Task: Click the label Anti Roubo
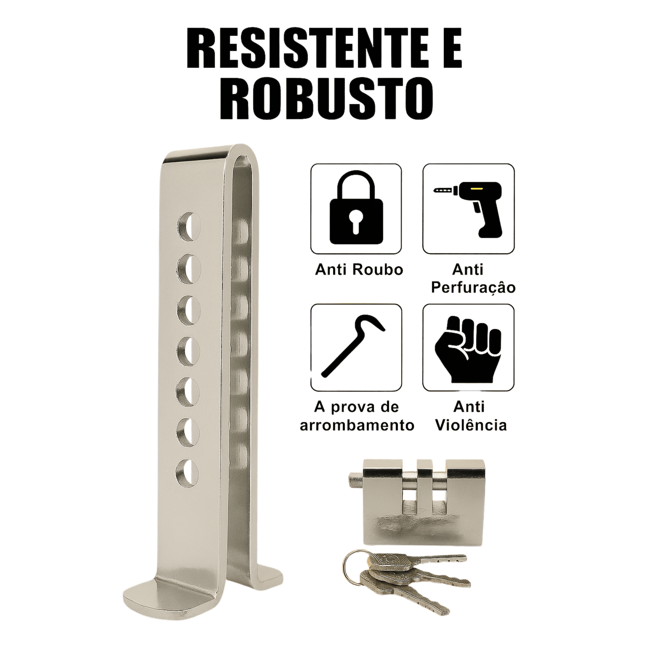(359, 270)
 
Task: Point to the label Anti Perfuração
(473, 279)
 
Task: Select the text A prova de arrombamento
(357, 416)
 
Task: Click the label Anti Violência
(471, 416)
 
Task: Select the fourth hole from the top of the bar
(188, 351)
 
